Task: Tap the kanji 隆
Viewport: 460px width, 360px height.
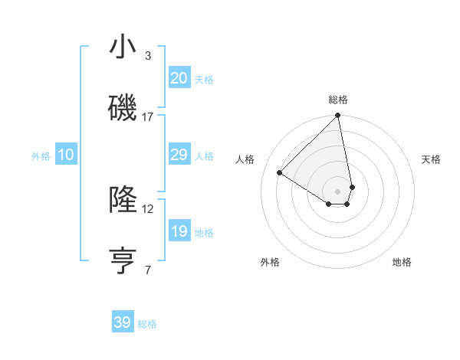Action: click(x=123, y=200)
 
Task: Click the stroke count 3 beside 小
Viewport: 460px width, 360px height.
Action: click(x=148, y=56)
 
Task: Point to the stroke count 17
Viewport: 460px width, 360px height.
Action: click(x=148, y=117)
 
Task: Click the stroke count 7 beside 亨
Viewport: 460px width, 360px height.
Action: click(x=148, y=270)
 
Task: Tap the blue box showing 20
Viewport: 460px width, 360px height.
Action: click(x=179, y=78)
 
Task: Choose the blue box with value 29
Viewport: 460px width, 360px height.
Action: click(x=179, y=155)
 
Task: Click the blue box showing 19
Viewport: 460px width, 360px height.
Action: click(x=179, y=231)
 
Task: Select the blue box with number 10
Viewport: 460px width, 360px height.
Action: click(x=66, y=155)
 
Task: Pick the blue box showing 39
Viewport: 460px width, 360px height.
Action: click(x=123, y=322)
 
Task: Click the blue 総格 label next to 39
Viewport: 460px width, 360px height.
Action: click(x=147, y=324)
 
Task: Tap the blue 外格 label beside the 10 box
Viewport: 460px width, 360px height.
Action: click(x=41, y=156)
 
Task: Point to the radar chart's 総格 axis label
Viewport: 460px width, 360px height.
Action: click(x=338, y=100)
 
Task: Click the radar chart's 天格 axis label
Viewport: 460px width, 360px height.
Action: click(x=431, y=159)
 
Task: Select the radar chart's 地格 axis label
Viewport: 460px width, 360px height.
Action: click(x=402, y=262)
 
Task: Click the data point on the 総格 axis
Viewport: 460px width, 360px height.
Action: click(x=337, y=116)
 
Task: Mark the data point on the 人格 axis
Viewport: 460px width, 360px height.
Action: click(x=280, y=173)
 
